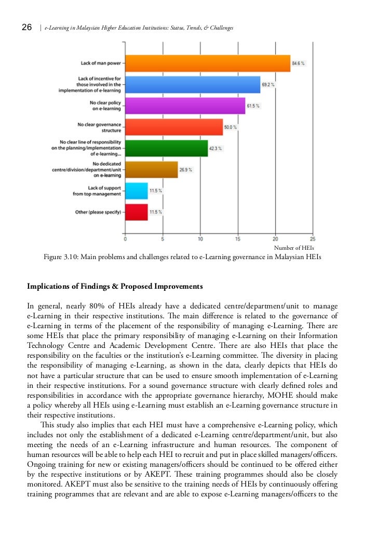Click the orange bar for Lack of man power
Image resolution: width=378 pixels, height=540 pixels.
pyautogui.click(x=208, y=63)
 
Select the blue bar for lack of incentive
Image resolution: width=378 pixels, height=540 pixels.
pyautogui.click(x=193, y=85)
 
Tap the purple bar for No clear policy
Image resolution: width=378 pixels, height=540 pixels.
pyautogui.click(x=185, y=106)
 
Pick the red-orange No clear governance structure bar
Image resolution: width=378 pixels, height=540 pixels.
pyautogui.click(x=174, y=127)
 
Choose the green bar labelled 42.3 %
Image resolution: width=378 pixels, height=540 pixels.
pyautogui.click(x=166, y=148)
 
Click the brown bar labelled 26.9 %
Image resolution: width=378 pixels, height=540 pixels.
pyautogui.click(x=151, y=170)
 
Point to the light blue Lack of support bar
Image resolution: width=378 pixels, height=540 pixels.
pyautogui.click(x=137, y=191)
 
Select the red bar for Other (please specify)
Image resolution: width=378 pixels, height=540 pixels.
pyautogui.click(x=137, y=212)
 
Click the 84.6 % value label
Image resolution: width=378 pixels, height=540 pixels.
pyautogui.click(x=299, y=63)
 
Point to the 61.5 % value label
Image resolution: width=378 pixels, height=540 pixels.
pyautogui.click(x=253, y=106)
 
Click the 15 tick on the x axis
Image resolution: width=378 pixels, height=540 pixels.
pyautogui.click(x=238, y=239)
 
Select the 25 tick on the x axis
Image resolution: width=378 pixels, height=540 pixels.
pyautogui.click(x=313, y=239)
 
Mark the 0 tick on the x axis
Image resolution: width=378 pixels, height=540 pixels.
pyautogui.click(x=126, y=239)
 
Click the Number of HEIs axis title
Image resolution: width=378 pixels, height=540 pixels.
pyautogui.click(x=294, y=249)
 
